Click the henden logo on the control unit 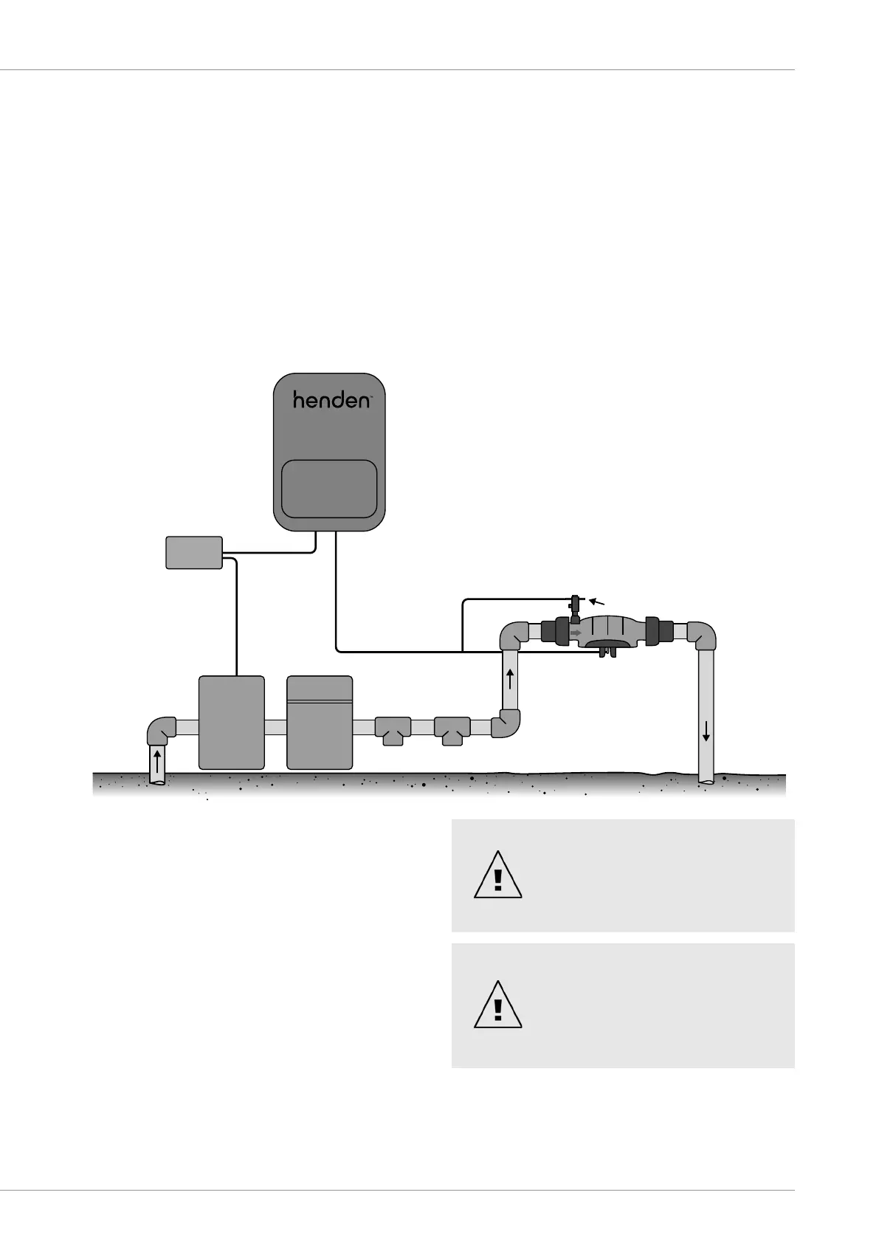pyautogui.click(x=331, y=400)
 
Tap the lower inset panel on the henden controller pyautogui.click(x=329, y=489)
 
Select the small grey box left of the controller pyautogui.click(x=194, y=553)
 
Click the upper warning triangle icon pyautogui.click(x=498, y=876)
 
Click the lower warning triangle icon pyautogui.click(x=498, y=1005)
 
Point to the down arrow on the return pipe pyautogui.click(x=706, y=731)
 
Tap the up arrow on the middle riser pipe pyautogui.click(x=510, y=678)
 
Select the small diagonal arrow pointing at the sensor pyautogui.click(x=597, y=602)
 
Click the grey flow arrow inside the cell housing pyautogui.click(x=576, y=633)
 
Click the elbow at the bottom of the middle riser pyautogui.click(x=506, y=724)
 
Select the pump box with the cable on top pyautogui.click(x=232, y=723)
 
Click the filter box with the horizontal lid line pyautogui.click(x=320, y=723)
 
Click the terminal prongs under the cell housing pyautogui.click(x=608, y=651)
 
